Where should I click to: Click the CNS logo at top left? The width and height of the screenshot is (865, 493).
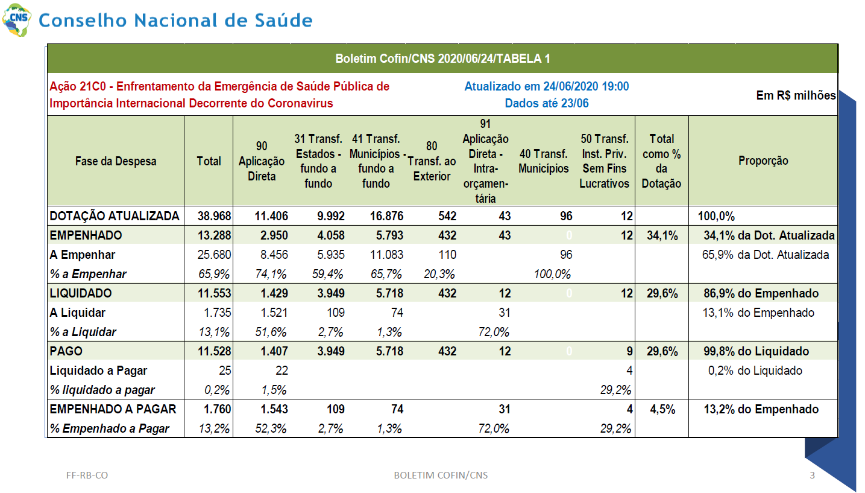click(x=17, y=20)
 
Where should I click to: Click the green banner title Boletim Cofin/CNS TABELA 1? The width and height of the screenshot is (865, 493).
click(x=442, y=59)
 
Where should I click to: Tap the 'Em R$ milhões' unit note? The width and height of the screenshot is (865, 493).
click(x=796, y=95)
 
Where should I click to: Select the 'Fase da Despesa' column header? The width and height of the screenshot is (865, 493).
click(x=116, y=161)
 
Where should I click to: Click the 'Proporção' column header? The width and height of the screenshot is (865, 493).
click(x=763, y=161)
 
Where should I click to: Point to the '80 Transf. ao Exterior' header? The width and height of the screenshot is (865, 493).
click(x=432, y=161)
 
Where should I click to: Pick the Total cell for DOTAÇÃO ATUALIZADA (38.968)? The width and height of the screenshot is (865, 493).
click(x=215, y=216)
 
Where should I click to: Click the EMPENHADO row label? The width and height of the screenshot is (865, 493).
click(x=86, y=235)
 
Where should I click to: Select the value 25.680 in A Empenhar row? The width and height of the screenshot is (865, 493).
click(x=215, y=255)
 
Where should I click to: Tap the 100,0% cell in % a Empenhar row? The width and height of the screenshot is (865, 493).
click(x=552, y=274)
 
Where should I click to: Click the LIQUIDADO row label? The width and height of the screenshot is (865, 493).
click(x=81, y=293)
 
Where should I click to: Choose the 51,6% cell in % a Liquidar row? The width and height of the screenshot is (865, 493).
click(x=271, y=332)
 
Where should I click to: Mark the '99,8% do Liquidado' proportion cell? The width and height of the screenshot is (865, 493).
click(x=761, y=351)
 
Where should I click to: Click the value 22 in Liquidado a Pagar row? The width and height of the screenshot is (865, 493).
click(x=282, y=371)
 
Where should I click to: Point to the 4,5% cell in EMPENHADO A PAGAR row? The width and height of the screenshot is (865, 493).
click(x=662, y=409)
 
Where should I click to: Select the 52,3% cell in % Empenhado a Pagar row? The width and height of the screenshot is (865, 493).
click(x=271, y=428)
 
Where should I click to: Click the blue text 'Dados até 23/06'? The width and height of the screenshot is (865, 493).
click(x=547, y=103)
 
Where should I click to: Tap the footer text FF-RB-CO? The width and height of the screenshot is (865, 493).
click(x=87, y=476)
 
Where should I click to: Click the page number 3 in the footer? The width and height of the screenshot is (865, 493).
click(x=812, y=476)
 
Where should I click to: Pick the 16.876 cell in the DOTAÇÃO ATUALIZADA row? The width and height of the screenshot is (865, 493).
click(x=386, y=216)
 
